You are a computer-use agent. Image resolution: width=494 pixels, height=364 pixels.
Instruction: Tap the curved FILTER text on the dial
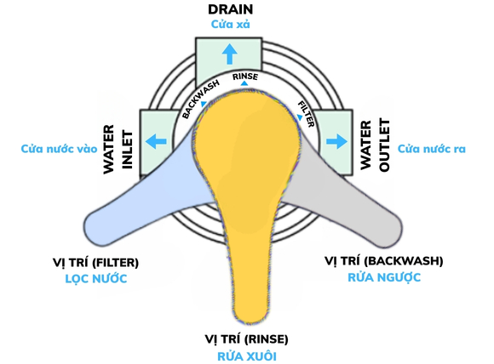coord(306,111)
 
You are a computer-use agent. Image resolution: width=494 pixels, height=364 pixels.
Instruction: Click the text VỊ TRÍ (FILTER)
coord(94,263)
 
